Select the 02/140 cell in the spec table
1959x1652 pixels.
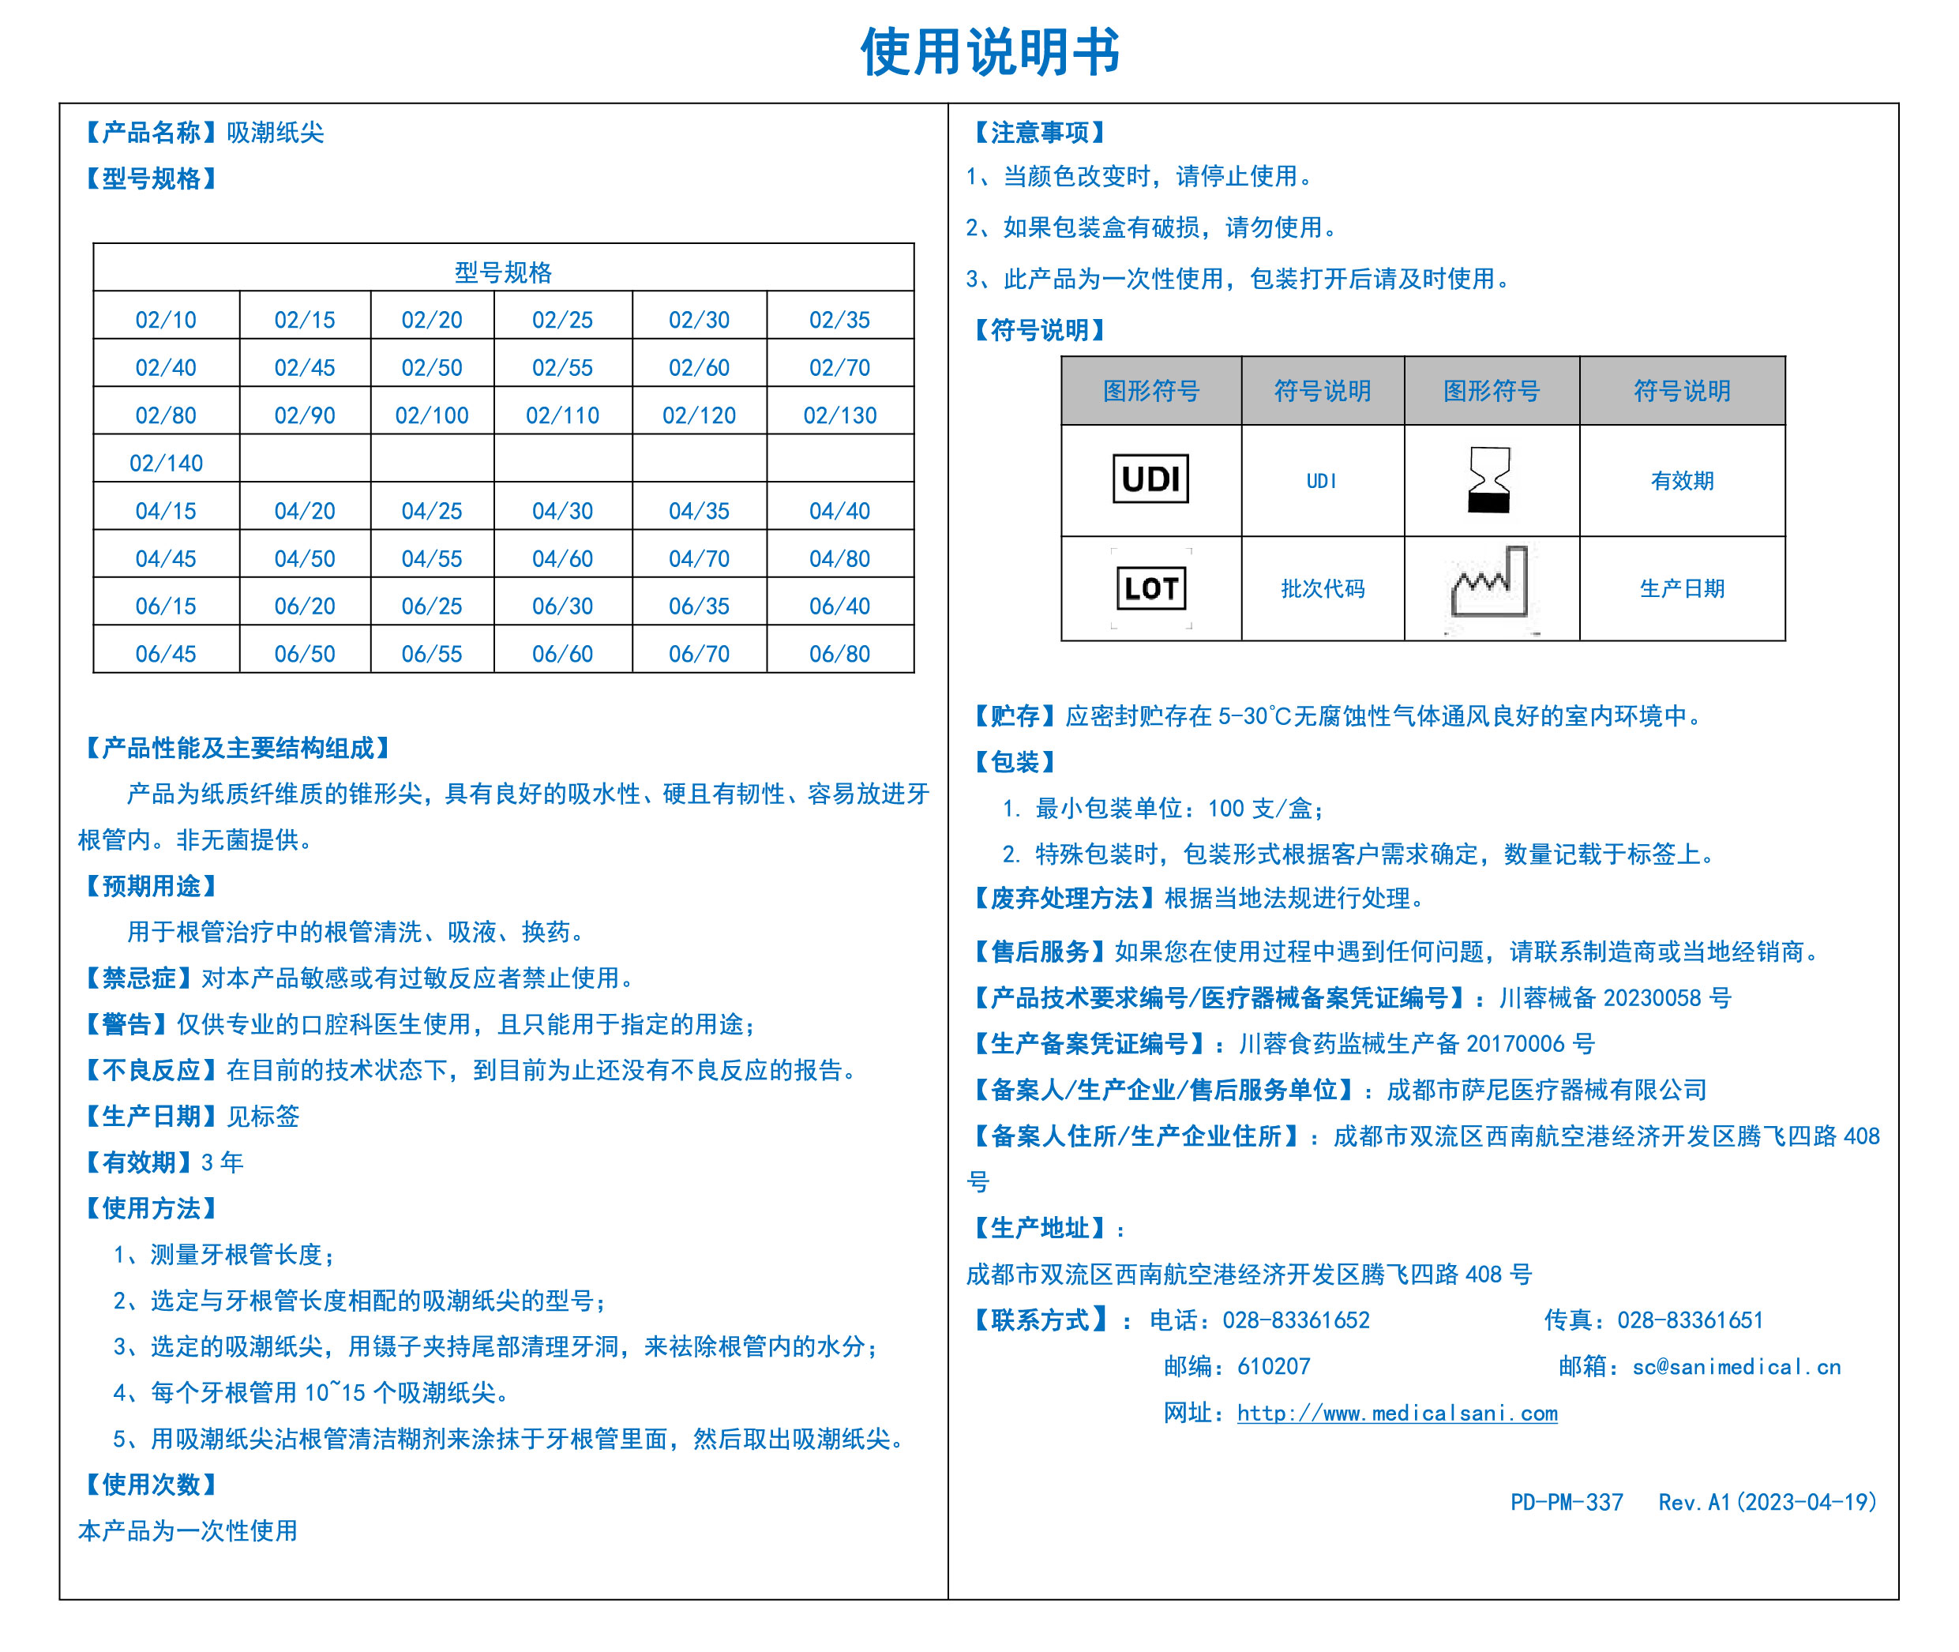(x=166, y=463)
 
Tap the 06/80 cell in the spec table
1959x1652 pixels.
(x=839, y=654)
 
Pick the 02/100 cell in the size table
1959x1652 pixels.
(x=432, y=415)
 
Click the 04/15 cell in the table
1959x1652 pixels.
(x=166, y=510)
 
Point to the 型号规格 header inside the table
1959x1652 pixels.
(x=503, y=272)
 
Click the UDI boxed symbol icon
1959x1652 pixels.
(x=1150, y=479)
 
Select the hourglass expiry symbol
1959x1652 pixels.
(x=1489, y=479)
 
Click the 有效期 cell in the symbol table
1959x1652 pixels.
(x=1681, y=480)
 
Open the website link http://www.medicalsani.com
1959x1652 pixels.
(x=1396, y=1414)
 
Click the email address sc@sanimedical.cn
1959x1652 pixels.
(x=1736, y=1366)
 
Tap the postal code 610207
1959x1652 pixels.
(x=1274, y=1366)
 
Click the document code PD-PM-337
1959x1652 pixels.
(x=1566, y=1502)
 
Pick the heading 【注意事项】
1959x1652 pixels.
(x=1039, y=132)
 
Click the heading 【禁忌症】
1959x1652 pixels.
(x=139, y=978)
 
